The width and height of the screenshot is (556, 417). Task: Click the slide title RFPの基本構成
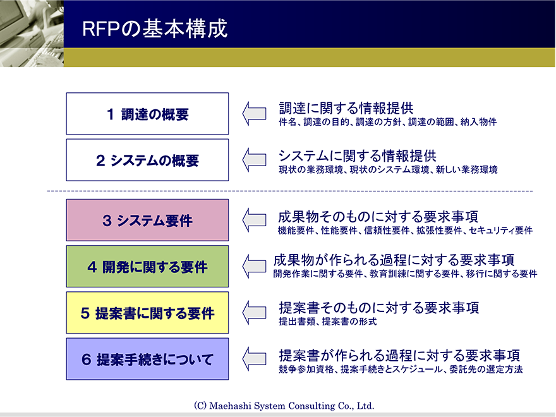pyautogui.click(x=155, y=28)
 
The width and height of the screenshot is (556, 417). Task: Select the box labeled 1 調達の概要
pyautogui.click(x=147, y=114)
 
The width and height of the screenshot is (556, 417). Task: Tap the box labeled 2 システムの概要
pyautogui.click(x=147, y=160)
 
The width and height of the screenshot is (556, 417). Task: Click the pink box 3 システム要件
pyautogui.click(x=147, y=220)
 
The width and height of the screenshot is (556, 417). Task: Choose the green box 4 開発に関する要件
pyautogui.click(x=147, y=266)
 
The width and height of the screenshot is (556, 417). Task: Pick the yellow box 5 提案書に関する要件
pyautogui.click(x=147, y=313)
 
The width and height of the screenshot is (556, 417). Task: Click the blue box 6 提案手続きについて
pyautogui.click(x=147, y=359)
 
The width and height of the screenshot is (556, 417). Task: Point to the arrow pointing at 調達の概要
pyautogui.click(x=254, y=114)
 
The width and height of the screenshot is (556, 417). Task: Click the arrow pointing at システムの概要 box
pyautogui.click(x=254, y=160)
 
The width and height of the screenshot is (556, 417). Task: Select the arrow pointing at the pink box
pyautogui.click(x=254, y=220)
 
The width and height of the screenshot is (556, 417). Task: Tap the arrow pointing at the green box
pyautogui.click(x=254, y=266)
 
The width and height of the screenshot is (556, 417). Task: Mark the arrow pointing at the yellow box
pyautogui.click(x=254, y=313)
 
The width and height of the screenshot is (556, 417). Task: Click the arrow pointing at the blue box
pyautogui.click(x=254, y=359)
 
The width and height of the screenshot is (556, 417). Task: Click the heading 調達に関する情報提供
pyautogui.click(x=346, y=108)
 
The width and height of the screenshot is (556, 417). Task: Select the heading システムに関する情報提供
pyautogui.click(x=358, y=155)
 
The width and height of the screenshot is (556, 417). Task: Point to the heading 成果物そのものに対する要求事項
pyautogui.click(x=378, y=216)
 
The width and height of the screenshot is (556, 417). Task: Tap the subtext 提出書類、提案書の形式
pyautogui.click(x=328, y=322)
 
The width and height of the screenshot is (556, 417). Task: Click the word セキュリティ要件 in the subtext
pyautogui.click(x=500, y=231)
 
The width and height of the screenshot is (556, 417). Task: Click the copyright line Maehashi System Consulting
pyautogui.click(x=284, y=406)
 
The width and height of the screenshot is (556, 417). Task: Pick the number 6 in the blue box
pyautogui.click(x=86, y=360)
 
